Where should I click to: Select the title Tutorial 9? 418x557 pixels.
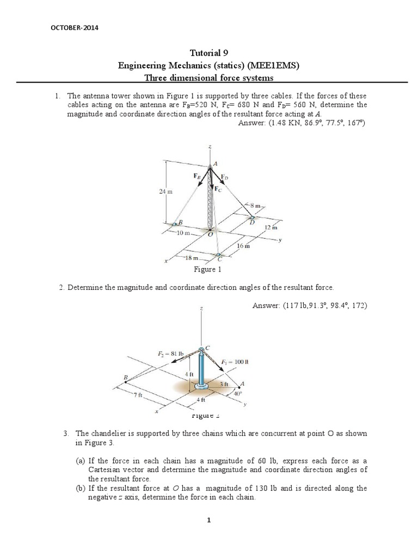(x=209, y=53)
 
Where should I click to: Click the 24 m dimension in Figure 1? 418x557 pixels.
(x=165, y=191)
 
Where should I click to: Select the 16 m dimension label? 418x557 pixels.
(x=243, y=246)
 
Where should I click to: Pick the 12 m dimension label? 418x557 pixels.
(x=271, y=227)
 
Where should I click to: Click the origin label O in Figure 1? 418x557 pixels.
(x=211, y=234)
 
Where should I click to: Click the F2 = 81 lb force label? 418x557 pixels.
(x=170, y=353)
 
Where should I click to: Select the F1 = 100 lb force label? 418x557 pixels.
(x=235, y=361)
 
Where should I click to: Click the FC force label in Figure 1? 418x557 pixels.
(x=218, y=189)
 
